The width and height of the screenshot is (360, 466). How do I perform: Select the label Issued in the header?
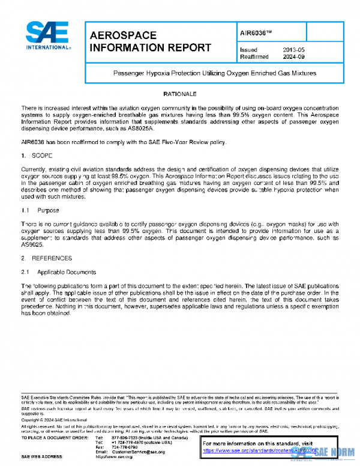point(248,50)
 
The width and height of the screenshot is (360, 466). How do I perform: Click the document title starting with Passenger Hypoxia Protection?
point(215,73)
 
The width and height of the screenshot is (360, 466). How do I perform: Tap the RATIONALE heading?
point(180,95)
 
